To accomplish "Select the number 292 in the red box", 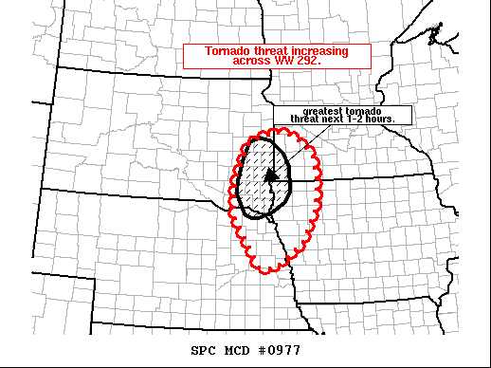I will click(307, 60).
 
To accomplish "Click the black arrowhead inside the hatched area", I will click(271, 174).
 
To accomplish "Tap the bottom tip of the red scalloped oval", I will click(269, 273).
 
